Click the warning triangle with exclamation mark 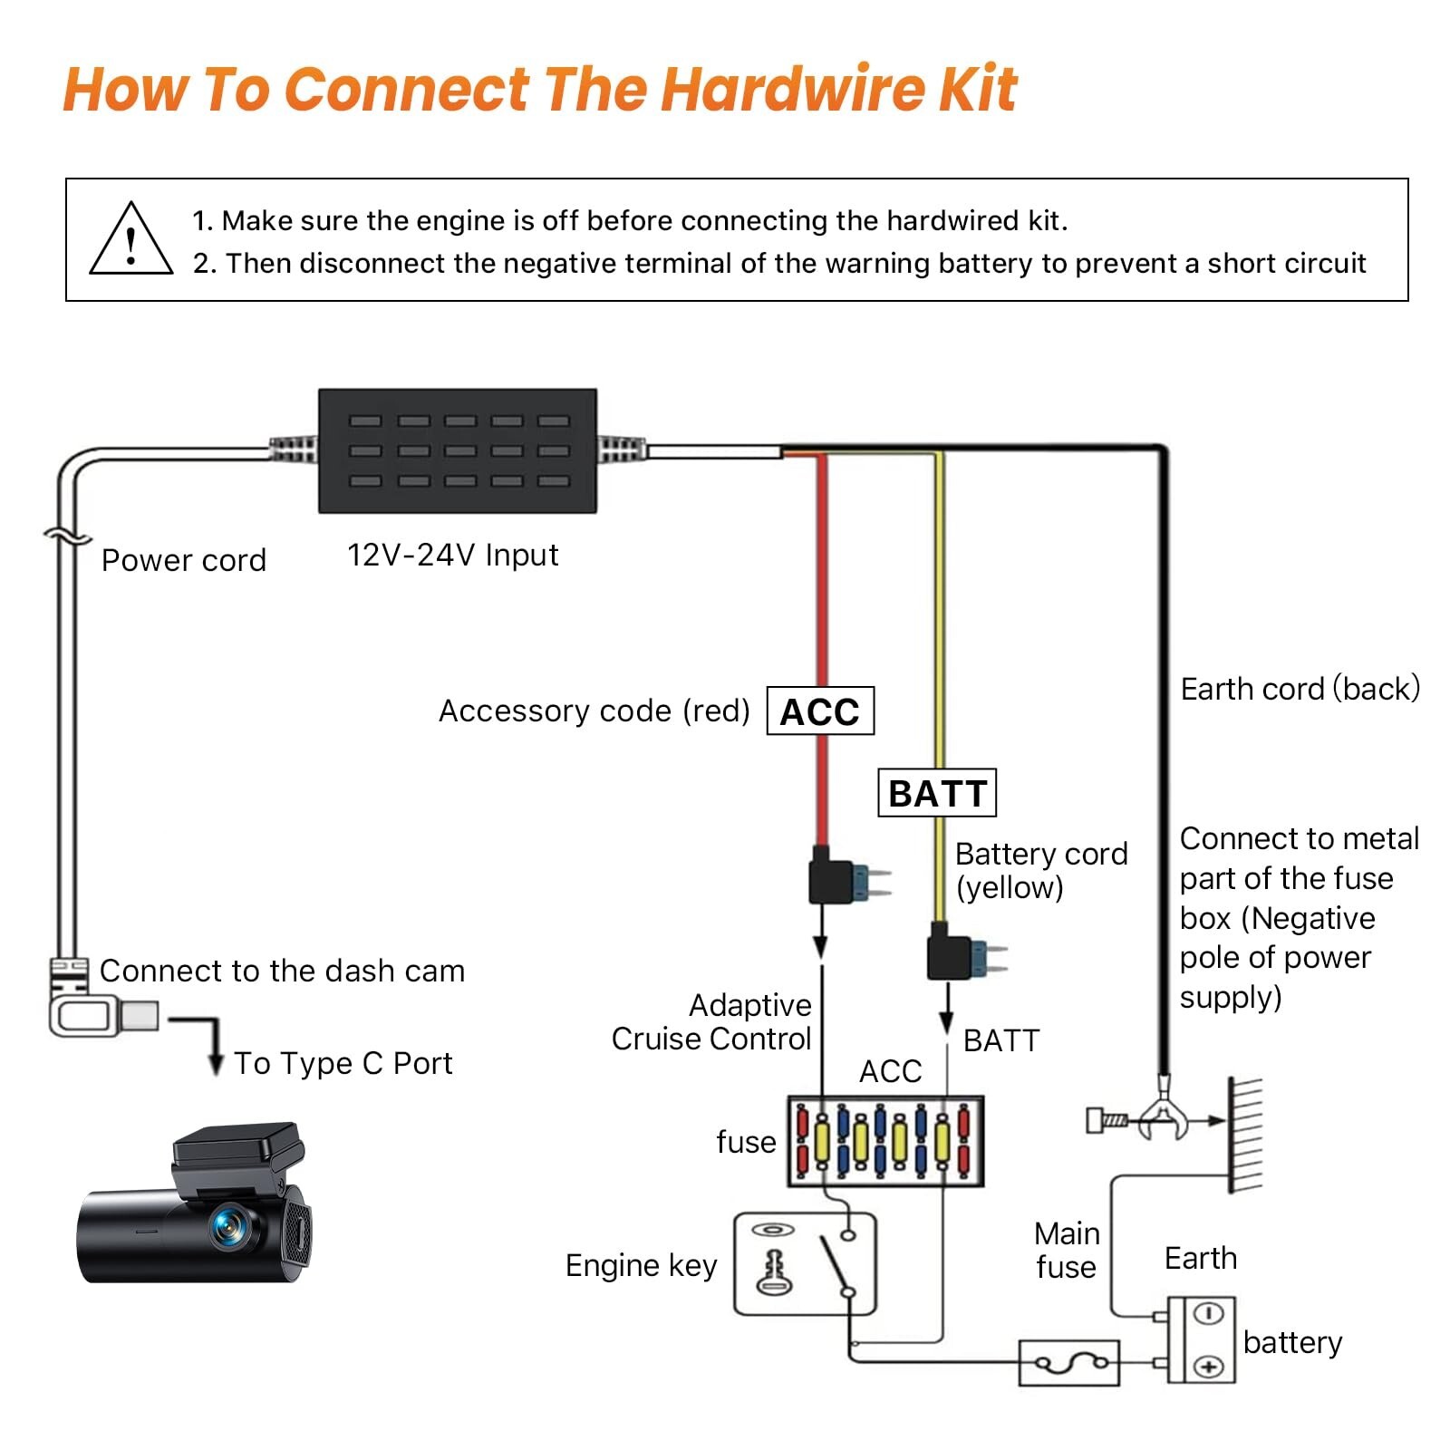[x=130, y=240]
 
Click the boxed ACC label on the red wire [x=820, y=711]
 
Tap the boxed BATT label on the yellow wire [x=937, y=793]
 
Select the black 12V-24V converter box [x=458, y=451]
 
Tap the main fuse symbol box [x=1069, y=1363]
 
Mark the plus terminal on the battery [x=1209, y=1366]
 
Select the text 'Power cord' [x=184, y=561]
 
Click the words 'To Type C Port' [x=343, y=1063]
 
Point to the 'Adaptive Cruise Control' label [x=711, y=1022]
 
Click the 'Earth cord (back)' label [x=1300, y=690]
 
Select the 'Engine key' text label [x=641, y=1265]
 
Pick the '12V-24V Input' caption [x=452, y=555]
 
